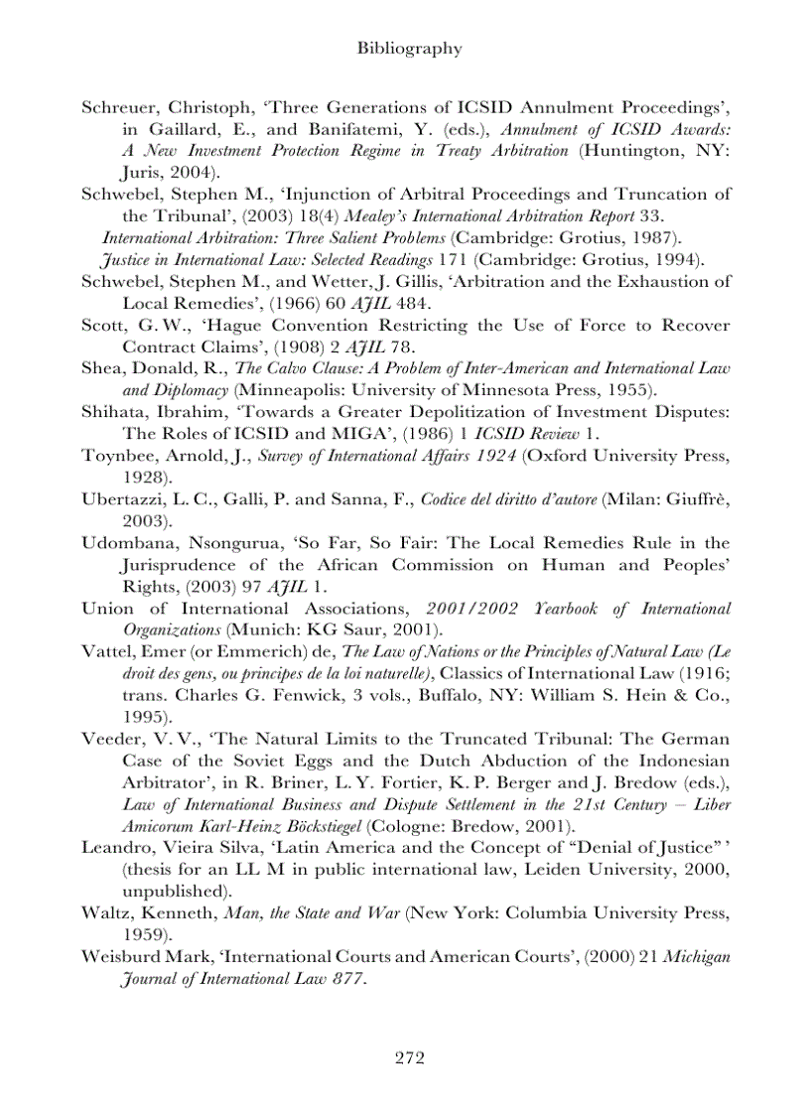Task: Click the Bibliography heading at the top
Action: pyautogui.click(x=408, y=48)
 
